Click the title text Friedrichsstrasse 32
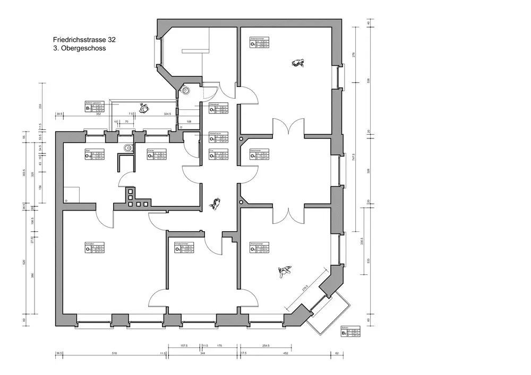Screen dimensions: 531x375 (x=84, y=39)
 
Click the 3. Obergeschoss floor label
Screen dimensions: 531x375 (x=80, y=48)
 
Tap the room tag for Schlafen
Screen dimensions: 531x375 (x=94, y=248)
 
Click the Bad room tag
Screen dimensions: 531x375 (x=94, y=155)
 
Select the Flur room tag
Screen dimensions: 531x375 (x=218, y=155)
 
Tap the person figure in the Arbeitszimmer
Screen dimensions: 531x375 (x=298, y=63)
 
